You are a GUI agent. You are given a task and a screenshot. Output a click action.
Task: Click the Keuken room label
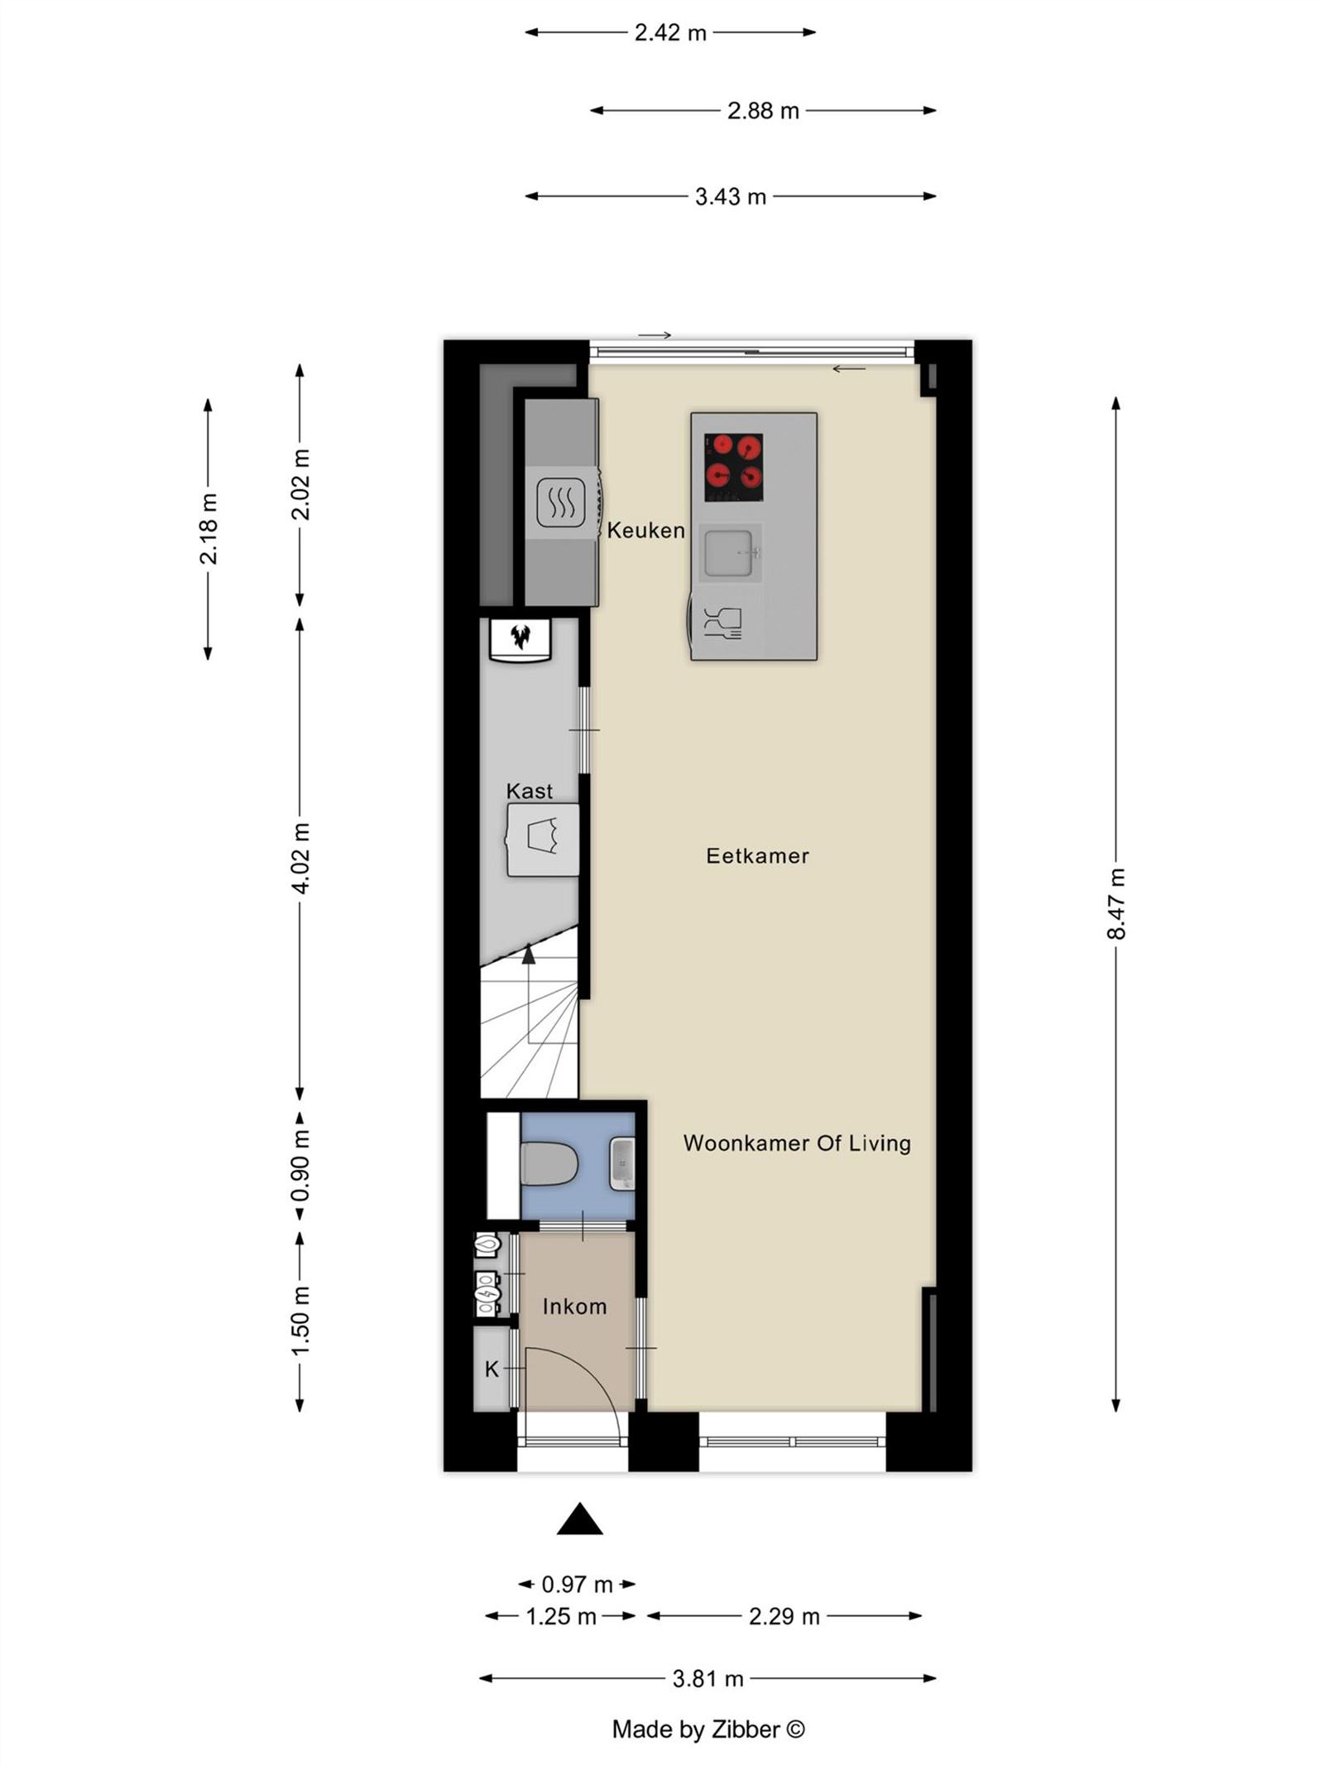click(x=645, y=530)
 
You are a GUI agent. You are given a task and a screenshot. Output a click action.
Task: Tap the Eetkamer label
click(x=757, y=855)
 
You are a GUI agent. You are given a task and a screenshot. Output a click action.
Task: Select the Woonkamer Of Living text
click(x=797, y=1143)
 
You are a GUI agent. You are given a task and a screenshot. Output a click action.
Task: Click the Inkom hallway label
click(x=574, y=1306)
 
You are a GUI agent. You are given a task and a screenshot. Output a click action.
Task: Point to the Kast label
click(x=530, y=791)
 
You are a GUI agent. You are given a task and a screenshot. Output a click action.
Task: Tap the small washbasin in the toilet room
click(x=622, y=1164)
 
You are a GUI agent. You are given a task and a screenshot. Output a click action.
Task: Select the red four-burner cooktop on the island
click(x=733, y=467)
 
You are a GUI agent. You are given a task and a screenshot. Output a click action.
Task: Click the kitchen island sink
click(x=728, y=553)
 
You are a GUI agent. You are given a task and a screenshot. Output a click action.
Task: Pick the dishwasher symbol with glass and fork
click(x=722, y=623)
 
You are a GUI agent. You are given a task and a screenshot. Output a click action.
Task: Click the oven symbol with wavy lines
click(x=561, y=502)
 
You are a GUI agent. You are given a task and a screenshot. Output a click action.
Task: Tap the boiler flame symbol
click(x=520, y=638)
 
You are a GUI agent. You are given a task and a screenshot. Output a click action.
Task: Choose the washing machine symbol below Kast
click(x=544, y=838)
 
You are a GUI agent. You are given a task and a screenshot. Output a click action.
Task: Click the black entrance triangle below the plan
click(x=579, y=1519)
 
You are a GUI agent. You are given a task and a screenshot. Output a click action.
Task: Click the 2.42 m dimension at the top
click(x=670, y=32)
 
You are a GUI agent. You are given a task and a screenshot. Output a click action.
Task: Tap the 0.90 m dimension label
click(x=300, y=1166)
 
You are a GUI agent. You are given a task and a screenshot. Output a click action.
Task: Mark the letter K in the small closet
click(x=492, y=1369)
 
